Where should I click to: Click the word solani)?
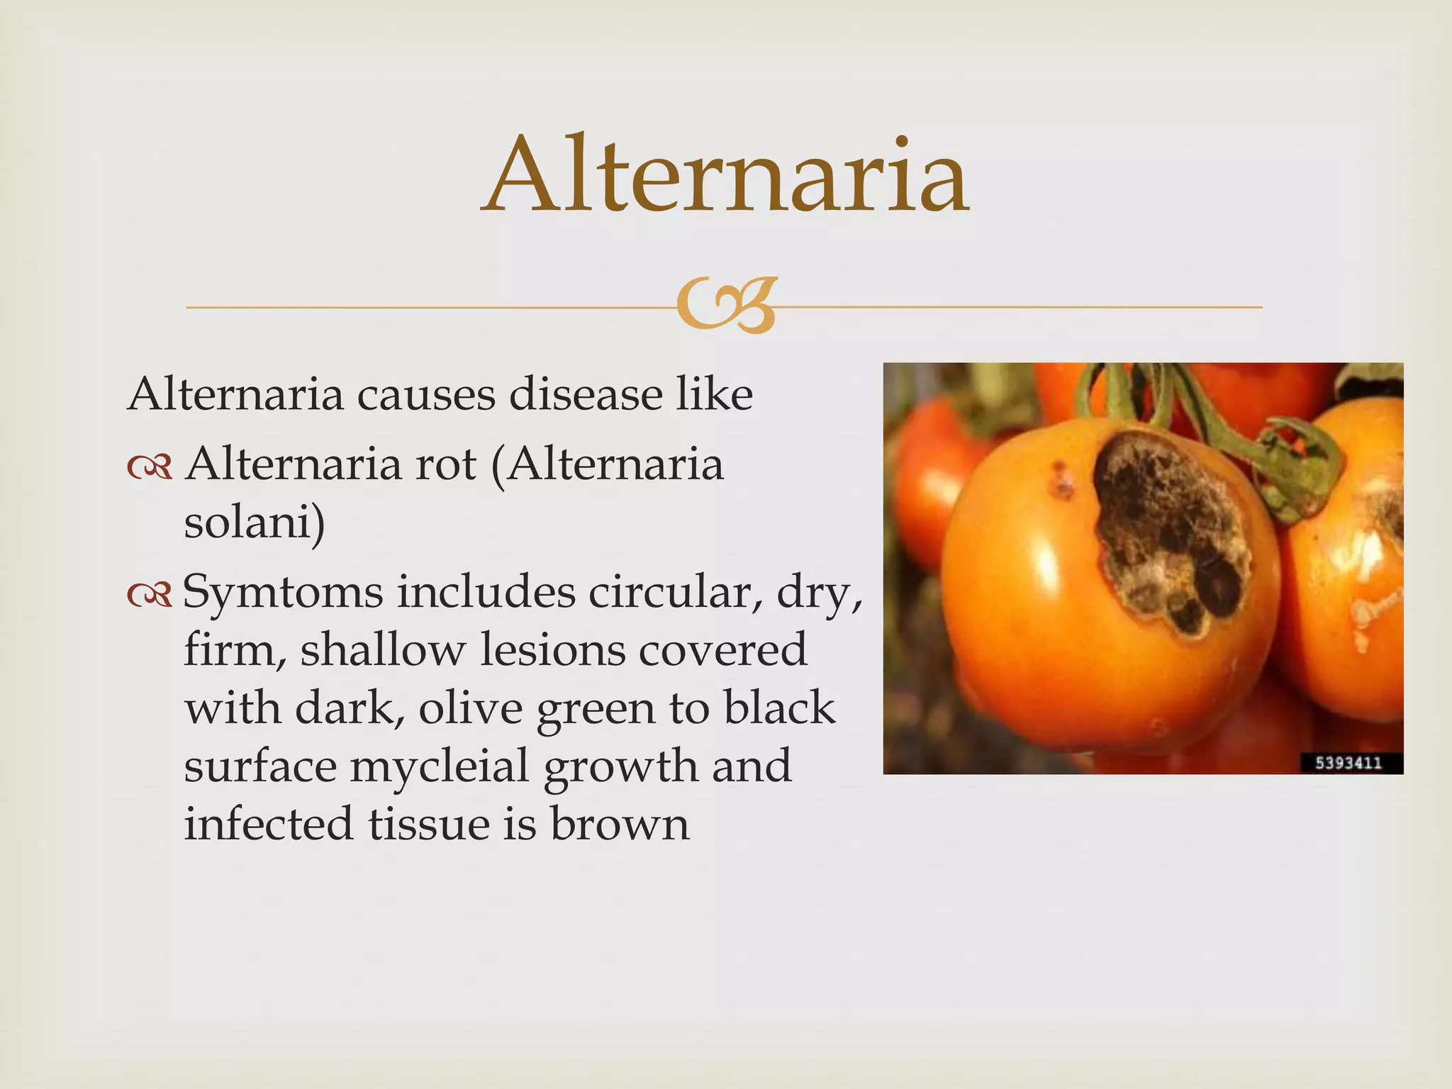(255, 523)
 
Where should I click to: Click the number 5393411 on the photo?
(1348, 763)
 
